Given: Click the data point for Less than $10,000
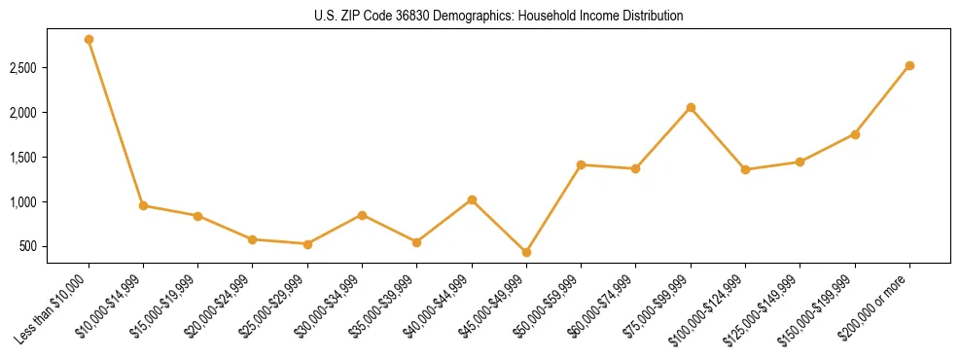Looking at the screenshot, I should [x=89, y=40].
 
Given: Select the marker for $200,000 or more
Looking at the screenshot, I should [x=909, y=66].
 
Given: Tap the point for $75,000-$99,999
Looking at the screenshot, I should [x=691, y=107].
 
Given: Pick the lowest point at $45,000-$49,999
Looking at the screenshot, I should [x=526, y=252].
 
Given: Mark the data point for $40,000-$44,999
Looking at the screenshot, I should [x=472, y=200].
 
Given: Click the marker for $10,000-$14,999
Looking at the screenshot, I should [x=143, y=205].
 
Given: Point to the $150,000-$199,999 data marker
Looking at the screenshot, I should [x=855, y=134].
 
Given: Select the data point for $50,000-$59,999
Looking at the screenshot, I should [x=581, y=165].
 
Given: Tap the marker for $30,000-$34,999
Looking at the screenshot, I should [x=362, y=215].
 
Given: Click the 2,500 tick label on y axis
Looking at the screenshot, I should [x=23, y=68].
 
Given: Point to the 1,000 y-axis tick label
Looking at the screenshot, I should [x=23, y=202].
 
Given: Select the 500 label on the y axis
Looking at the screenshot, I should [x=29, y=247].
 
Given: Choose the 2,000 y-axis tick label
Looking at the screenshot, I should [x=23, y=113].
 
